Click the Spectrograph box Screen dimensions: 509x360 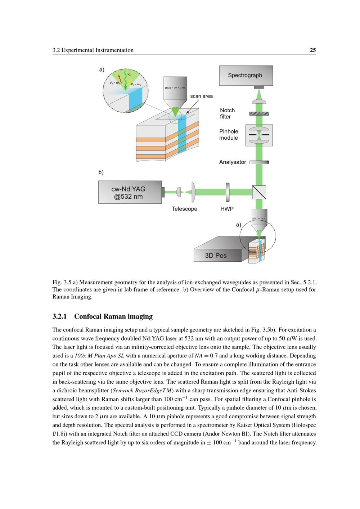tap(246, 76)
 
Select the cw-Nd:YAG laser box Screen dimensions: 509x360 tap(130, 192)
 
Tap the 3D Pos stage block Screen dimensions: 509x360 tap(216, 252)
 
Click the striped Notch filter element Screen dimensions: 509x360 tap(259, 113)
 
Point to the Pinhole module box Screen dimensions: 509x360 tap(259, 135)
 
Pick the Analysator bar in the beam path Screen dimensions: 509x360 tap(259, 162)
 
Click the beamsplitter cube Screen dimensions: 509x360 tap(259, 192)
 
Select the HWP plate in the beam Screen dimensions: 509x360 tap(228, 192)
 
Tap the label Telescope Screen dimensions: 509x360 tap(184, 209)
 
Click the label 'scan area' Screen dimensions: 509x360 tap(201, 96)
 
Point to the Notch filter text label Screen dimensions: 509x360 tap(227, 113)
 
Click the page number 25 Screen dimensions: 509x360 tap(313, 50)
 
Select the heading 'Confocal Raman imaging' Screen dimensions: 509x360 tap(113, 316)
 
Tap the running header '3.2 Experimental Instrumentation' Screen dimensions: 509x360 tap(93, 50)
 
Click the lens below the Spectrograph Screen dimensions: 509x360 tap(259, 102)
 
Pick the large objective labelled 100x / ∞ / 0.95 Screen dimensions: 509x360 tap(175, 90)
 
